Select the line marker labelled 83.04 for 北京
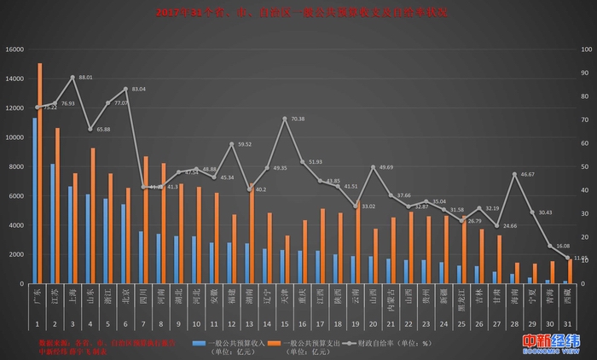pos(126,89)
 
